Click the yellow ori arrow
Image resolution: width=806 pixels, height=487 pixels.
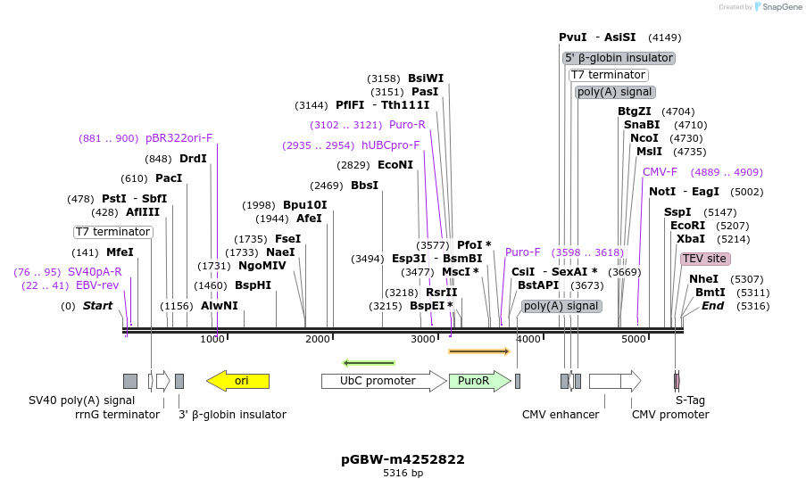click(237, 381)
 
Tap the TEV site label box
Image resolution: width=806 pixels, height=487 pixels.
click(705, 259)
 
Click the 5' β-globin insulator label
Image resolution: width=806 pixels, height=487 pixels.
click(619, 58)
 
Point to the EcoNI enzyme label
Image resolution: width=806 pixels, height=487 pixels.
click(395, 165)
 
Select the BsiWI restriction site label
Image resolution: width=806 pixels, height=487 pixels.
click(426, 78)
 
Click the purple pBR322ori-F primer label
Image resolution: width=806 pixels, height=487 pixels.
click(179, 138)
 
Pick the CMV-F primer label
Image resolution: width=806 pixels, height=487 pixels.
click(660, 172)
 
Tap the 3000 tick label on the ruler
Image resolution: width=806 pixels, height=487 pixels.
click(422, 340)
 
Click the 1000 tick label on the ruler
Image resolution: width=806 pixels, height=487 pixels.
click(212, 340)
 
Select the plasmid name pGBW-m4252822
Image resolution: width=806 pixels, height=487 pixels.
click(403, 459)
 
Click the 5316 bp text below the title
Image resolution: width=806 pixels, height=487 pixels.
click(403, 474)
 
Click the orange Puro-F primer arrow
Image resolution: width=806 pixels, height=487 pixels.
click(478, 351)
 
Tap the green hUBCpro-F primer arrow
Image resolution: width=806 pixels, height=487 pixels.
click(369, 363)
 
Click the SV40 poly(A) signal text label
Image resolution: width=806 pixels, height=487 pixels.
click(82, 401)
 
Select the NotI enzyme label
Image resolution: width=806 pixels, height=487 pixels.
click(662, 192)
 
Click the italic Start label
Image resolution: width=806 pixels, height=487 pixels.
click(97, 306)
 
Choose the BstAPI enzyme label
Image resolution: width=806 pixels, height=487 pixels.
click(538, 285)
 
